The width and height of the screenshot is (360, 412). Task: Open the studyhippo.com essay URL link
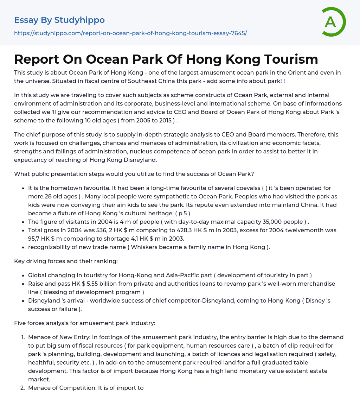click(x=130, y=33)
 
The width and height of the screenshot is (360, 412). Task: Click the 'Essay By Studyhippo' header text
click(x=59, y=20)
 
